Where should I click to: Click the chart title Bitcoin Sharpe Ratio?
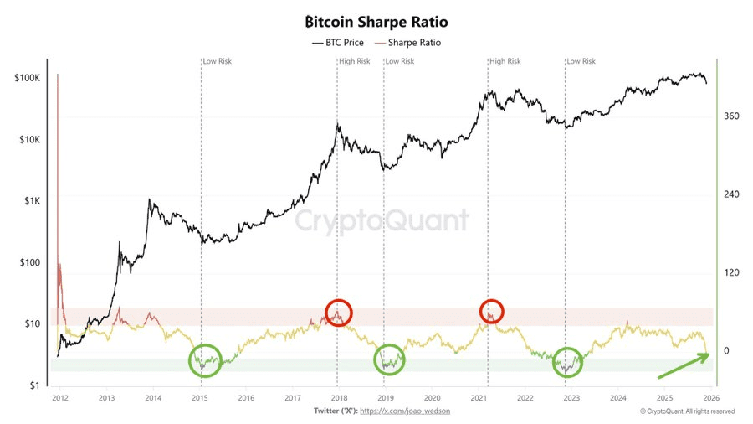(376, 21)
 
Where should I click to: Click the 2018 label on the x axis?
(339, 398)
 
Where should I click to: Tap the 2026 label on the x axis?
(711, 398)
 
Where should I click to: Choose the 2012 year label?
(59, 398)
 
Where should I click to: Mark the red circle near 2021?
(492, 310)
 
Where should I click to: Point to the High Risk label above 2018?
(354, 61)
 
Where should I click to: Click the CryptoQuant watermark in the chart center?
(382, 220)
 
